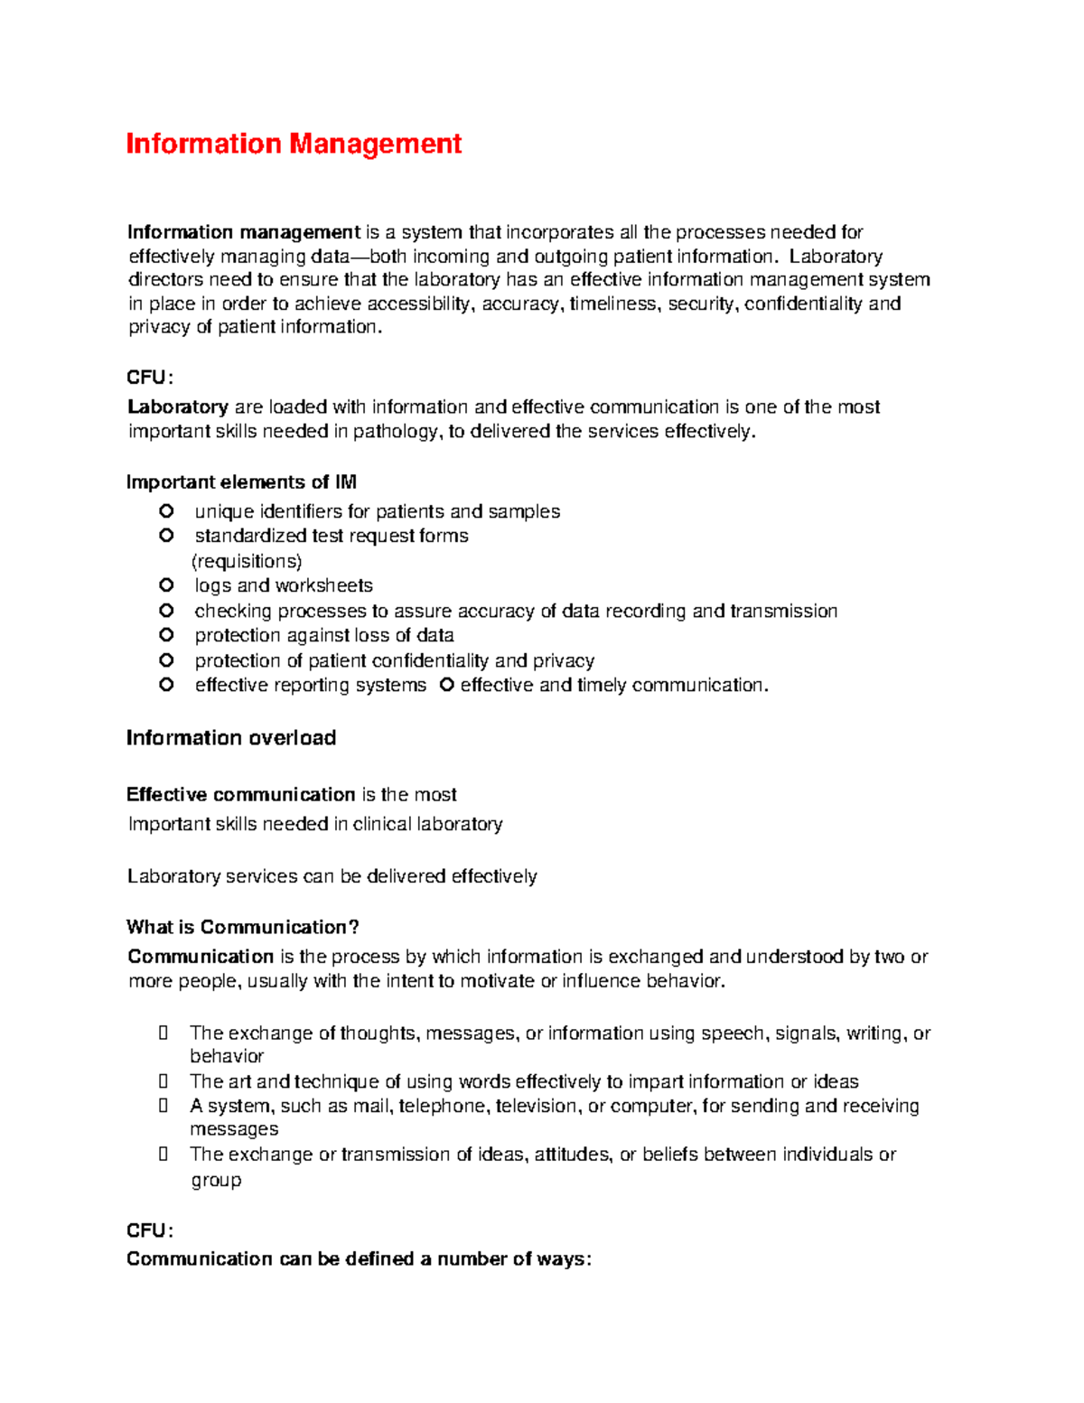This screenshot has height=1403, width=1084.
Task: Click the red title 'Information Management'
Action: tap(294, 144)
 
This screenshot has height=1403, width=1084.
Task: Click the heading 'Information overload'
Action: tap(231, 738)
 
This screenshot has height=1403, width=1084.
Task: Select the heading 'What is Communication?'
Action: tap(243, 927)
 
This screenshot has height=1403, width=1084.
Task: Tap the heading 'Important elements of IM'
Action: tap(241, 482)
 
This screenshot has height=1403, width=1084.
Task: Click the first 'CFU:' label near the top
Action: tap(149, 378)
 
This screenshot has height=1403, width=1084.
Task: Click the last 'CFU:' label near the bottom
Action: tap(149, 1230)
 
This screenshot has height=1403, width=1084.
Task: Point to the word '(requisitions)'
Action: tap(247, 561)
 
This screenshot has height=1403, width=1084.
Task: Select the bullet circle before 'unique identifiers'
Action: tap(166, 511)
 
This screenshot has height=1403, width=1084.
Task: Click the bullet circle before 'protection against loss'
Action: tap(166, 635)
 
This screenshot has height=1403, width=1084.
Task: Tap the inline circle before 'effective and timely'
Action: tap(446, 685)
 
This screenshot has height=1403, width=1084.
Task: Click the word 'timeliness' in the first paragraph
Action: tap(614, 304)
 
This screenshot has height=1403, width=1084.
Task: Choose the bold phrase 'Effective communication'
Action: tap(240, 794)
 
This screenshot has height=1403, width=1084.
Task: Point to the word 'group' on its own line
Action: tap(216, 1180)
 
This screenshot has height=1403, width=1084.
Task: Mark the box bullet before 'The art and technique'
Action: tap(164, 1081)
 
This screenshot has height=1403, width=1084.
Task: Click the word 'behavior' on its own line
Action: tap(227, 1056)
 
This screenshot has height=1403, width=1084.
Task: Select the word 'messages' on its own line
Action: tap(234, 1129)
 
